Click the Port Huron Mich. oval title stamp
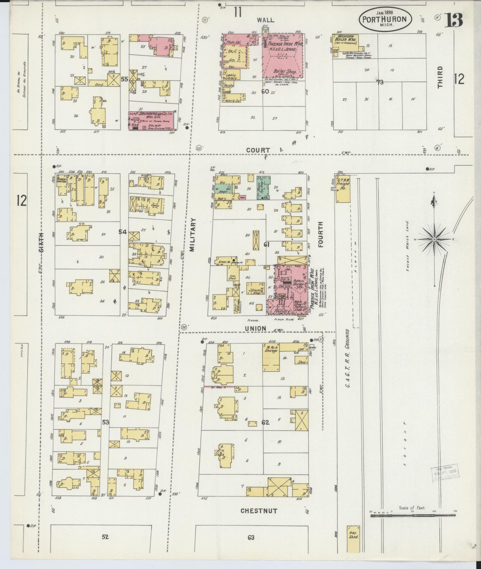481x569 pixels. (385, 19)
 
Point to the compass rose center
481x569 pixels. (434, 239)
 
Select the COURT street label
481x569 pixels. (258, 150)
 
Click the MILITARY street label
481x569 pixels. (192, 235)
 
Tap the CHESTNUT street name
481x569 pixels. (259, 511)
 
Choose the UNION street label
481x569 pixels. (255, 328)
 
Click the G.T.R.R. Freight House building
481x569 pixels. (343, 187)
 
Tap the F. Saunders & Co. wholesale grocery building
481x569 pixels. (151, 120)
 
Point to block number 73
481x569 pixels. (380, 82)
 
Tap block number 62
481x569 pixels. (265, 423)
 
